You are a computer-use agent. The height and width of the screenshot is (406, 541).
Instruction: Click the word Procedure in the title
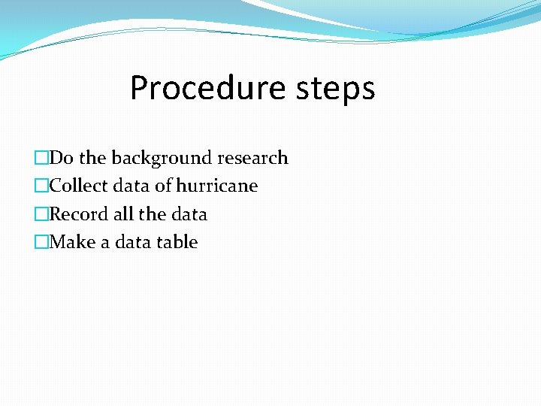197,89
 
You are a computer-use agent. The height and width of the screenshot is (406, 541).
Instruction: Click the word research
252,158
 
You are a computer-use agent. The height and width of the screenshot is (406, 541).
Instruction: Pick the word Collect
78,186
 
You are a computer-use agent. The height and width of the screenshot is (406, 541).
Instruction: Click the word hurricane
217,186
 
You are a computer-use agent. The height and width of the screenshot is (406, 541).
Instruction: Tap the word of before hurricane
164,186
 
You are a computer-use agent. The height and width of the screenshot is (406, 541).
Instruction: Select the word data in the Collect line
132,186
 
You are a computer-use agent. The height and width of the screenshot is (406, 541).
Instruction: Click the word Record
79,214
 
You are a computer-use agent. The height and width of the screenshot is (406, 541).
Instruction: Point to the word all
123,214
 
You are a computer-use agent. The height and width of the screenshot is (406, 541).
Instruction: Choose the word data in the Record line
189,214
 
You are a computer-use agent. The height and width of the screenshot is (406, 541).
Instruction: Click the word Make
72,242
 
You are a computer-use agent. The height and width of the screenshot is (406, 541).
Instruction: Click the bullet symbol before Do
41,158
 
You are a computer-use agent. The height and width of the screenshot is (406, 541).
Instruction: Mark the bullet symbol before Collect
41,186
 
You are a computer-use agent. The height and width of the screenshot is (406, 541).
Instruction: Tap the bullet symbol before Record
41,214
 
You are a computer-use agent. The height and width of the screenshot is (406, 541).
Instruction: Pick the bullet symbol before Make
41,242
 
